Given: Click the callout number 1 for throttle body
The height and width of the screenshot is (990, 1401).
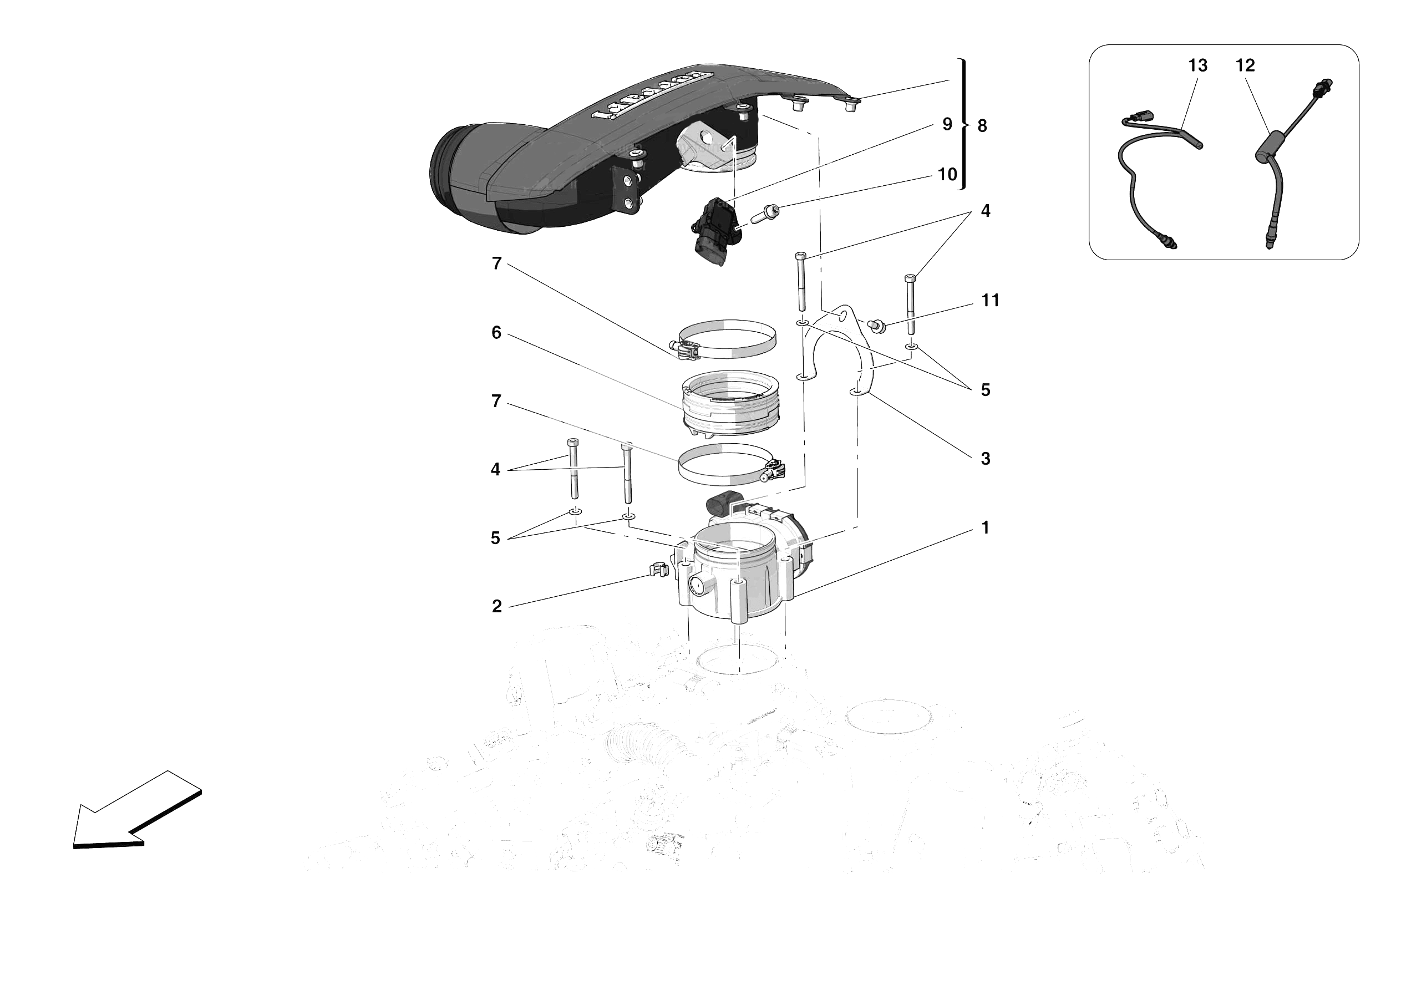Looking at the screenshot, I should pyautogui.click(x=985, y=527).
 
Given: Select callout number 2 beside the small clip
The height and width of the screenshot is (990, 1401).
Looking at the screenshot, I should pyautogui.click(x=497, y=606).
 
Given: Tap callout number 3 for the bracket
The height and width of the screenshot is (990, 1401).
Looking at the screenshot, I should pyautogui.click(x=985, y=459).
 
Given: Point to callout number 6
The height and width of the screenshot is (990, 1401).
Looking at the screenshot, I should pyautogui.click(x=496, y=333).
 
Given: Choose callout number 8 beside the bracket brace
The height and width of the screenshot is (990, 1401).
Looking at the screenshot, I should pyautogui.click(x=982, y=126).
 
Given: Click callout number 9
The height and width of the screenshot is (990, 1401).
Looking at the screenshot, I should pyautogui.click(x=947, y=125).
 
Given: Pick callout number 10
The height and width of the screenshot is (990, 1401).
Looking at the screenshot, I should pyautogui.click(x=947, y=175).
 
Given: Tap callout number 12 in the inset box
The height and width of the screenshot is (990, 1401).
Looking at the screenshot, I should pyautogui.click(x=1245, y=65).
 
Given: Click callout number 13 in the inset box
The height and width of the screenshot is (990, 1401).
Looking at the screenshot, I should pyautogui.click(x=1197, y=65).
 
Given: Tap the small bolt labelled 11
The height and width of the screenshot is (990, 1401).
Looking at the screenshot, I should pyautogui.click(x=876, y=326).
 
